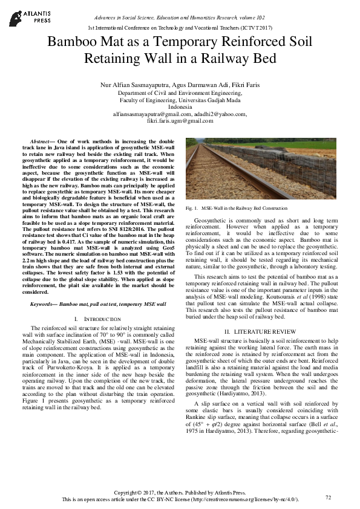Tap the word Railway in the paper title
tap(249, 59)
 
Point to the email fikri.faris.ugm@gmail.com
tap(180, 121)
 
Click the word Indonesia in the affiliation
tap(180, 107)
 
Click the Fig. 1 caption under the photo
tap(230, 208)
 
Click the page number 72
tap(328, 497)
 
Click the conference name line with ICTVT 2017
tap(180, 28)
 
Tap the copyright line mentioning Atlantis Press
tap(180, 493)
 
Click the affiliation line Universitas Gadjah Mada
tap(180, 100)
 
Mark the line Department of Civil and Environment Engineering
tap(180, 94)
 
